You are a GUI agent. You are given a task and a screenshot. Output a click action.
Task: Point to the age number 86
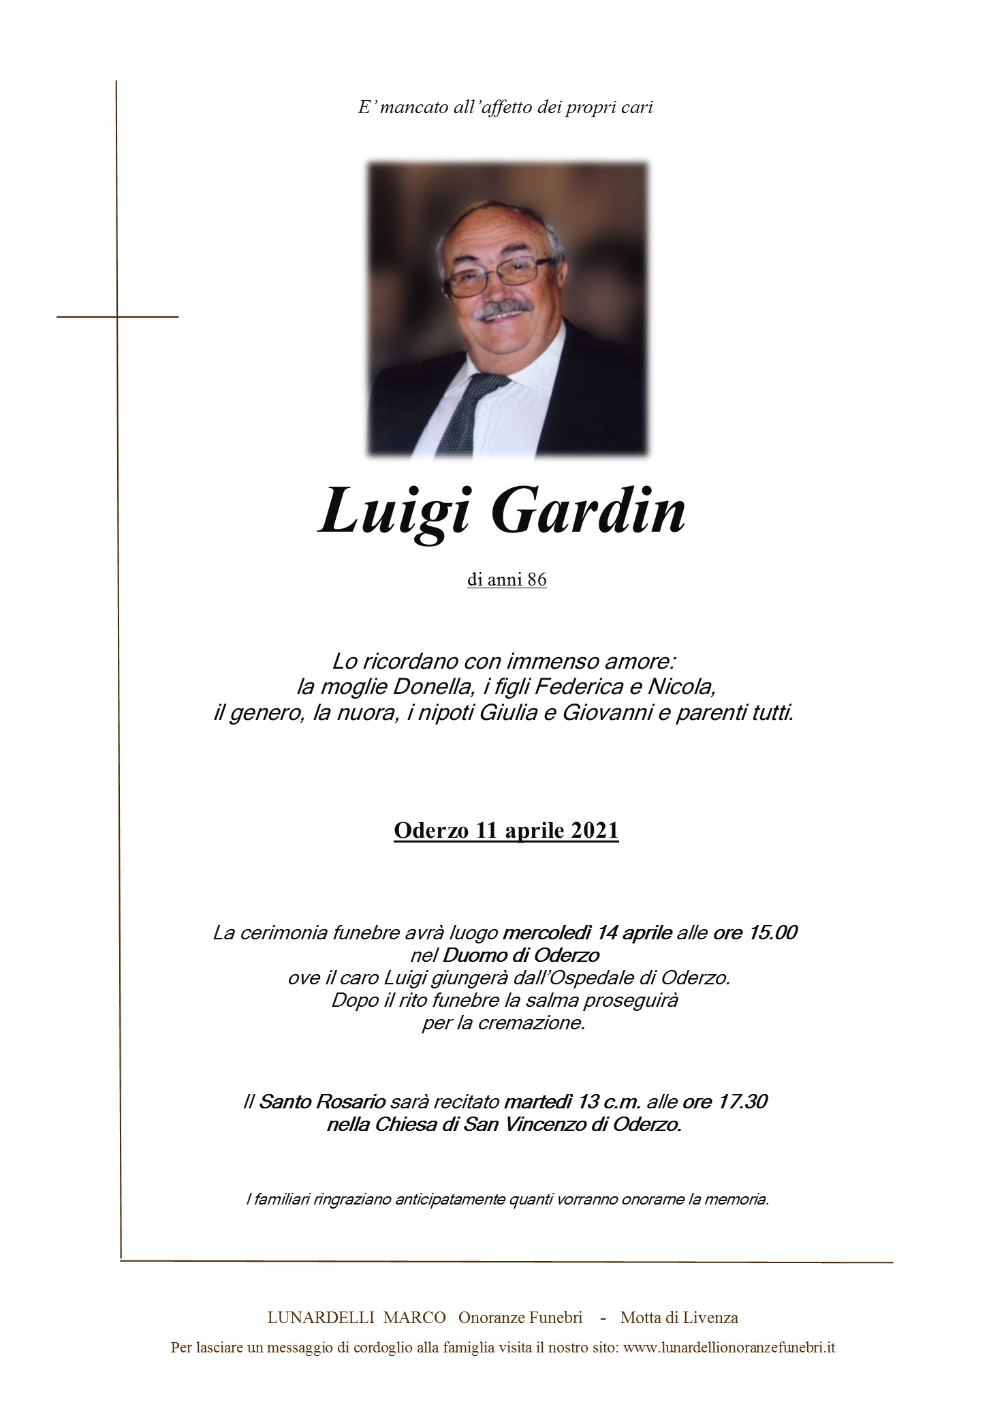pos(536,580)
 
